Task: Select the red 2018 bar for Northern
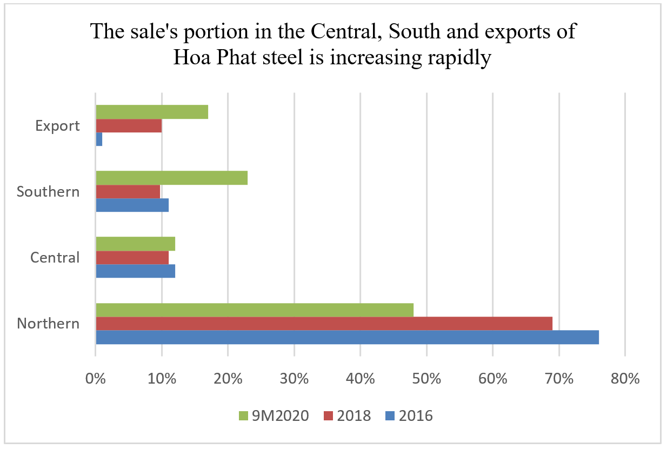pyautogui.click(x=324, y=324)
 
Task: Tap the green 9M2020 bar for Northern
pyautogui.click(x=255, y=310)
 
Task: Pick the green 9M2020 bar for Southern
pyautogui.click(x=171, y=178)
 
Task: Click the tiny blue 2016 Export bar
pyautogui.click(x=99, y=139)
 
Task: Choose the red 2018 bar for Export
pyautogui.click(x=129, y=125)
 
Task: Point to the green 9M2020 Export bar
pyautogui.click(x=152, y=112)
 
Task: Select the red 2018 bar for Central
pyautogui.click(x=132, y=258)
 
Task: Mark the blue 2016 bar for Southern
pyautogui.click(x=132, y=205)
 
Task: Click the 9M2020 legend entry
pyautogui.click(x=274, y=416)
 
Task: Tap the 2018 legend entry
pyautogui.click(x=348, y=416)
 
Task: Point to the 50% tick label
pyautogui.click(x=426, y=378)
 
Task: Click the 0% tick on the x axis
pyautogui.click(x=96, y=378)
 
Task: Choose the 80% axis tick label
pyautogui.click(x=625, y=378)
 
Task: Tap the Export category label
pyautogui.click(x=57, y=126)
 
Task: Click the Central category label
pyautogui.click(x=55, y=258)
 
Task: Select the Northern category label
pyautogui.click(x=48, y=324)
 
